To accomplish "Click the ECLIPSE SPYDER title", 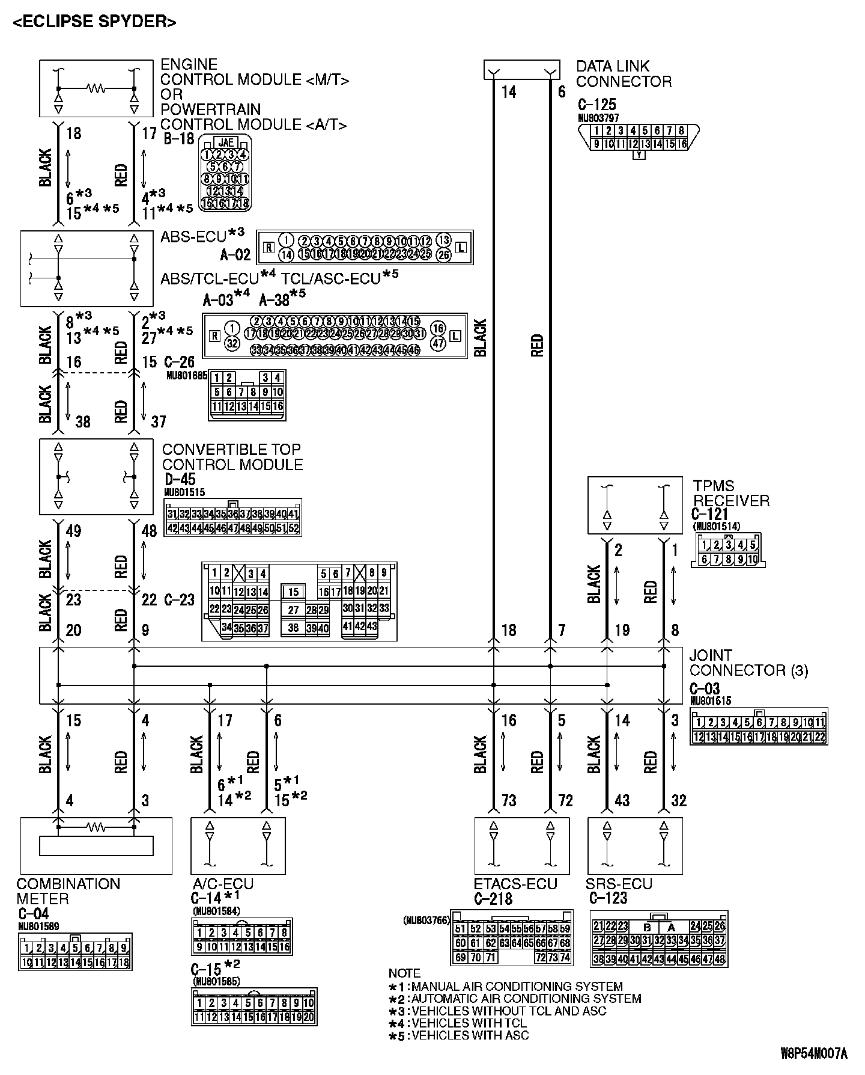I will (x=95, y=22).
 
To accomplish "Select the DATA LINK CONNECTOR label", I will (x=624, y=74).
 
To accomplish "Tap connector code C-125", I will (x=596, y=104).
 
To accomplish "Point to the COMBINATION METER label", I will (x=68, y=891).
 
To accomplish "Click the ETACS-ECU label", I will (x=515, y=883).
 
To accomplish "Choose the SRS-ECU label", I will (x=619, y=883).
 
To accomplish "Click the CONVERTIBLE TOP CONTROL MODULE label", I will (x=232, y=457).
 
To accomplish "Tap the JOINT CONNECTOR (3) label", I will (x=748, y=663).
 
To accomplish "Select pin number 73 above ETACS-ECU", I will (x=508, y=801).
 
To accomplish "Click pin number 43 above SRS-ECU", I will (x=622, y=801).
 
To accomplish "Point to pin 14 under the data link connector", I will (x=508, y=92).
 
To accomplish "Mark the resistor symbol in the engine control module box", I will (x=96, y=88).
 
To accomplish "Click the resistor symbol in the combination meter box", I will (x=96, y=828).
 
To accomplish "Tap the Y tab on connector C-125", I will (x=639, y=155).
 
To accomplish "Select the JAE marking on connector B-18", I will (x=226, y=143).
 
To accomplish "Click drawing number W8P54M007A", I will (x=813, y=1053).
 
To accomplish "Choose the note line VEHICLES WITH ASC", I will (x=470, y=1035).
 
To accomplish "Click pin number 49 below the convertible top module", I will (x=73, y=531).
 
